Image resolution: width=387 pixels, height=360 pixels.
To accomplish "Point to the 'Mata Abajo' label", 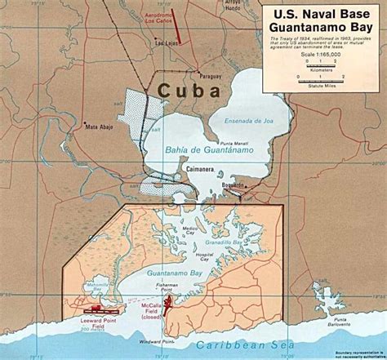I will tap(102, 127).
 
